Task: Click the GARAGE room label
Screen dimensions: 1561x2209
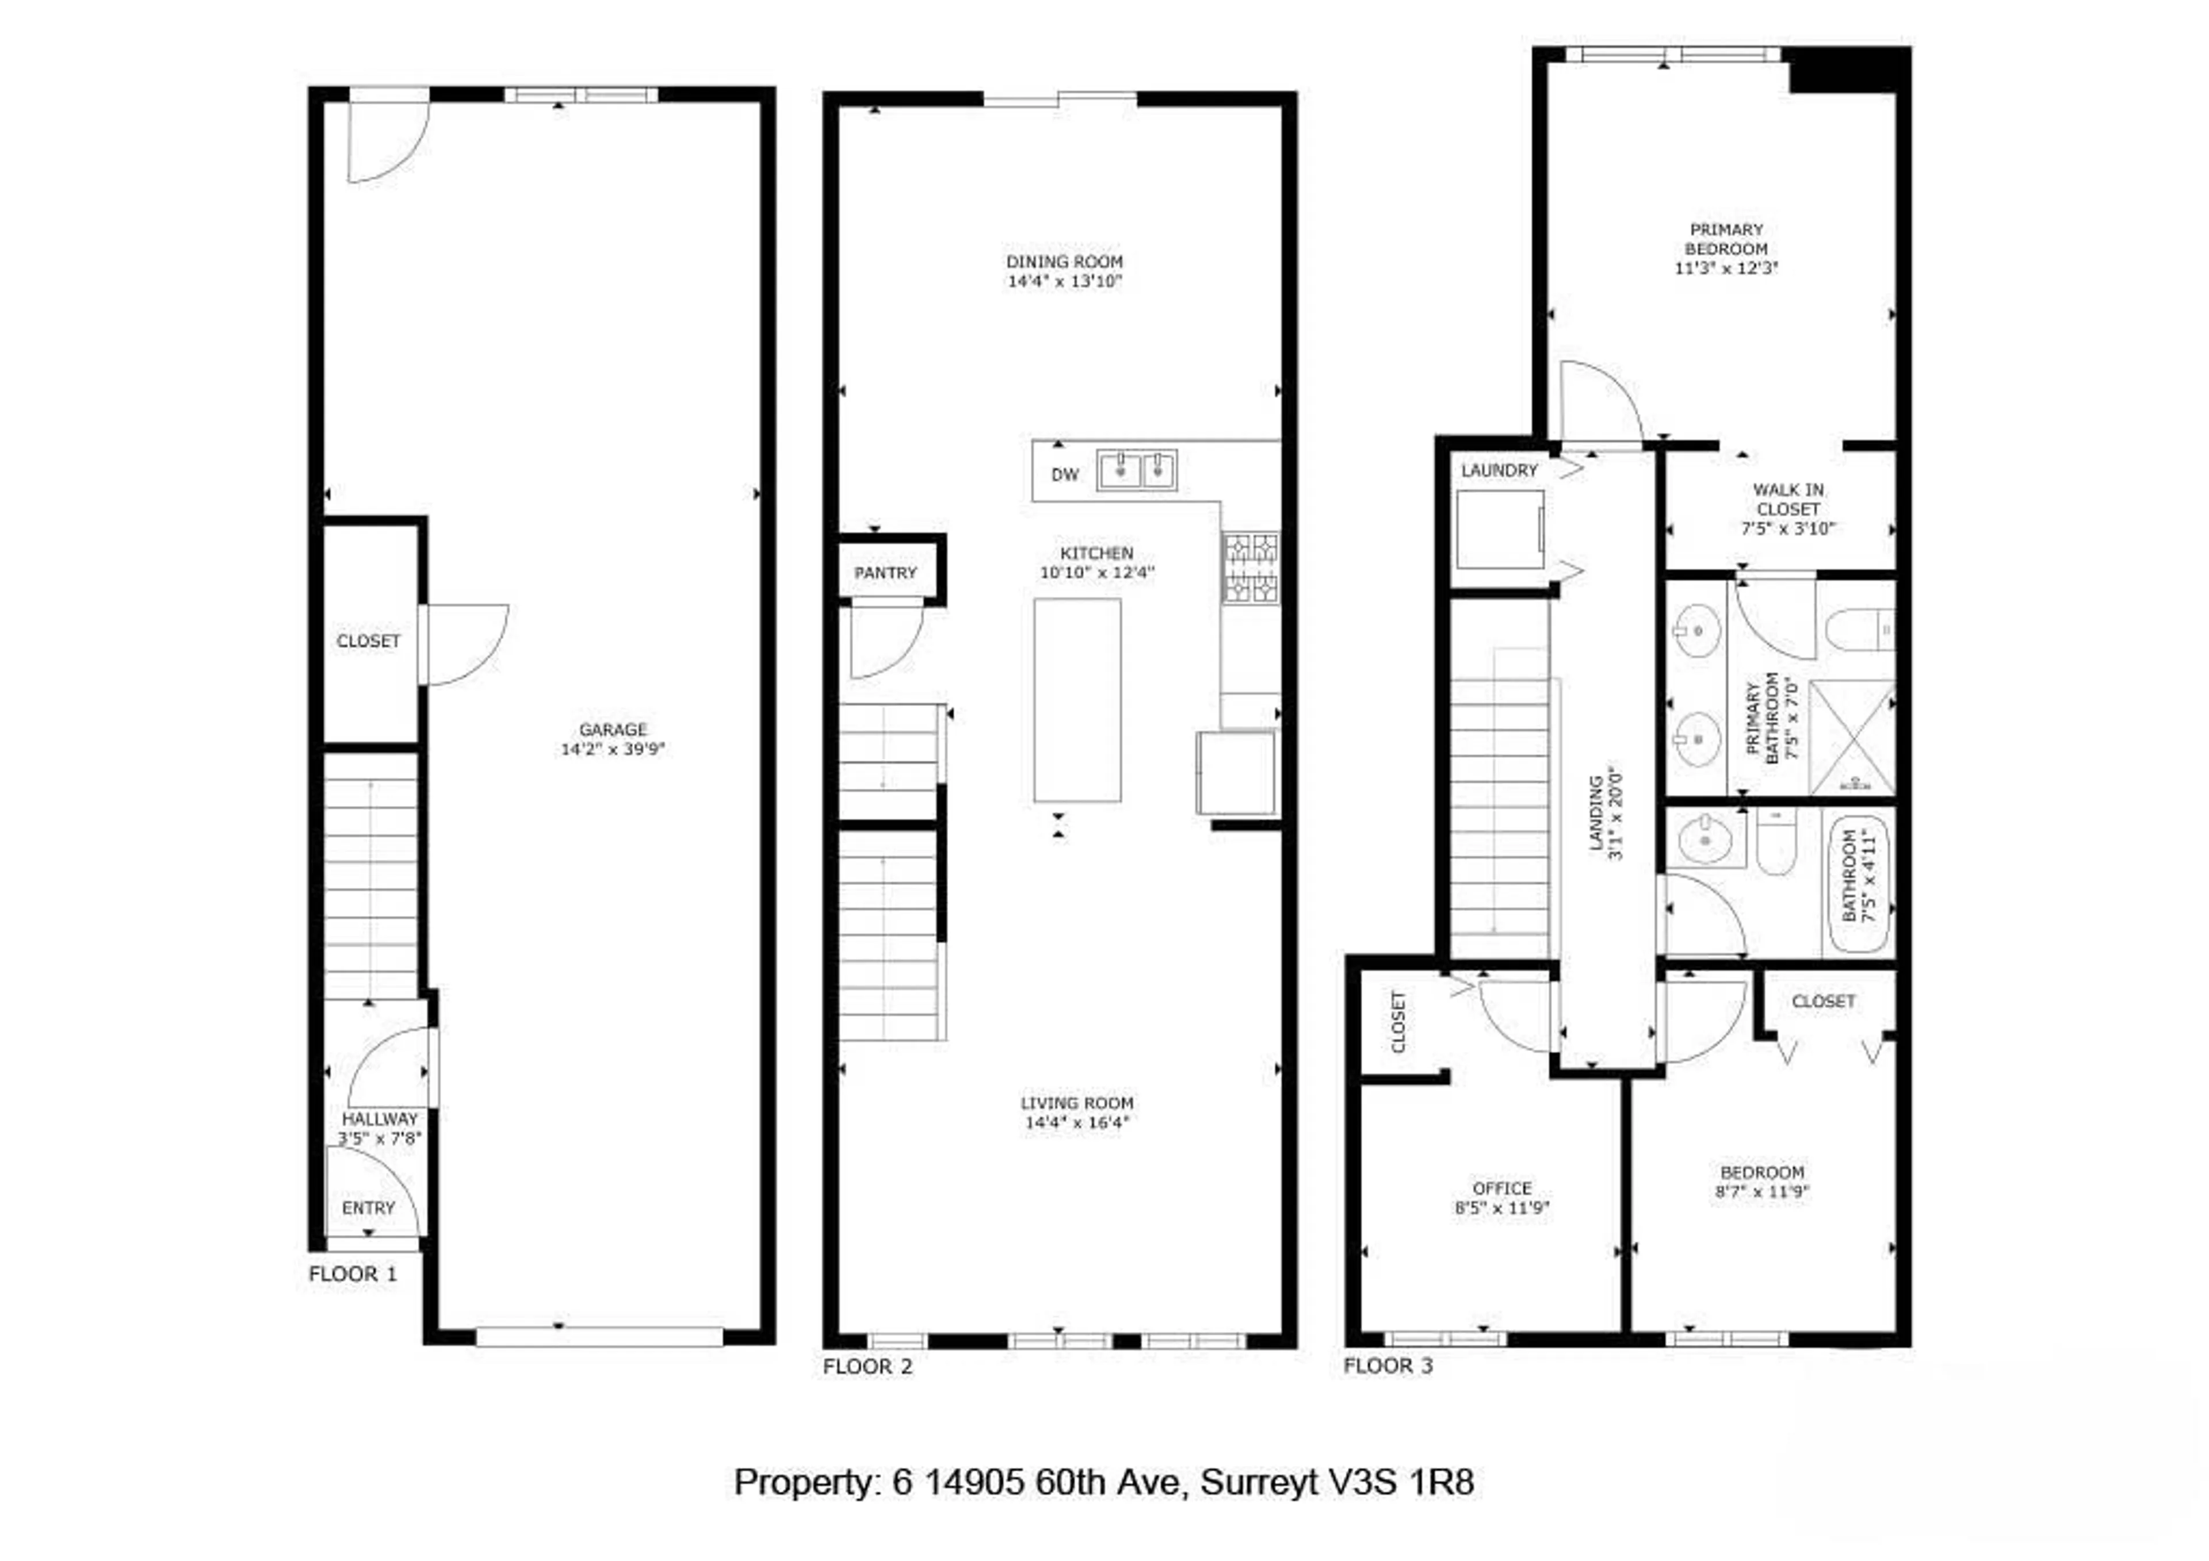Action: pos(613,730)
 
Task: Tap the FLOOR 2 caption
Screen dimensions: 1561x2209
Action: pos(867,1367)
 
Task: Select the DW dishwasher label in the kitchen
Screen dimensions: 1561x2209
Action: pos(1064,475)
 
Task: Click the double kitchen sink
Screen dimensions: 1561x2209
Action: pos(1137,470)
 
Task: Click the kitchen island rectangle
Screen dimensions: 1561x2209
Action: pos(1076,700)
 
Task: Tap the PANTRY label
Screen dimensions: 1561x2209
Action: pos(885,573)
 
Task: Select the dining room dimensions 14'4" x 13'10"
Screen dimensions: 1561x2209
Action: pos(1064,282)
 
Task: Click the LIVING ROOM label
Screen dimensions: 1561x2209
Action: pos(1076,1103)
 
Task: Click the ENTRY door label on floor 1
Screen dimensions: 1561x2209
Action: pos(369,1208)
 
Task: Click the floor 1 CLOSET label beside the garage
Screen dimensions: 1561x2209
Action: pos(369,642)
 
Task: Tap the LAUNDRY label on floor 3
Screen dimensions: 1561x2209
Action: pos(1499,470)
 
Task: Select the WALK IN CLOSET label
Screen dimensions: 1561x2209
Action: pos(1787,499)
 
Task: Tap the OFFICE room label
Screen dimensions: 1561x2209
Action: pos(1502,1189)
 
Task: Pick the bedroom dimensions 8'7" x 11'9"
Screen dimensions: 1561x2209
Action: pos(1761,1192)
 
